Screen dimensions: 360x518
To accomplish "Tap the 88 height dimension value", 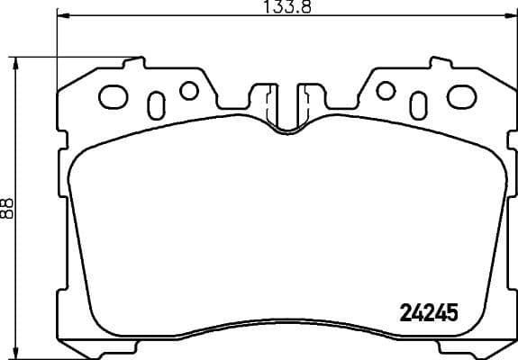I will click(8, 209).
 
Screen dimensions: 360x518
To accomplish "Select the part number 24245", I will click(428, 313).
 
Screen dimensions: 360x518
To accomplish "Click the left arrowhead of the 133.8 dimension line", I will click(60, 17).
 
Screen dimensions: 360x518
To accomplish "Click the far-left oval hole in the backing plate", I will click(114, 94).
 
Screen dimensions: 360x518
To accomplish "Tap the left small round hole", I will click(188, 90).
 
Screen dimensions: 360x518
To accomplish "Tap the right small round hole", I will click(386, 90).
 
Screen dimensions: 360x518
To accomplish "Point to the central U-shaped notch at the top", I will click(287, 112).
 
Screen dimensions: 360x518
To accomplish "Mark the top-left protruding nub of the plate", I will click(135, 63).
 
